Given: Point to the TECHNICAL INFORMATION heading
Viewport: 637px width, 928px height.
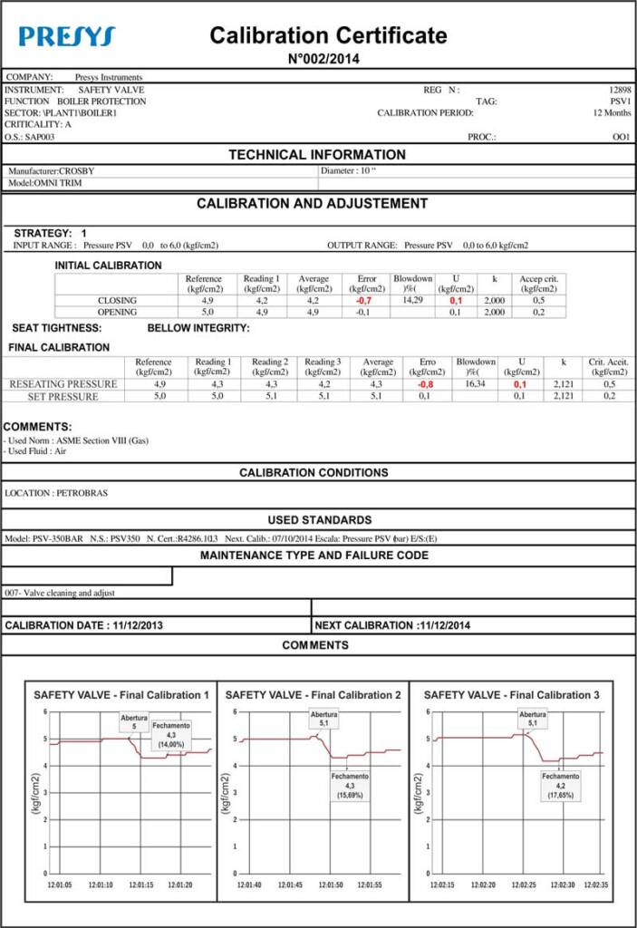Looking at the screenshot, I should (x=317, y=155).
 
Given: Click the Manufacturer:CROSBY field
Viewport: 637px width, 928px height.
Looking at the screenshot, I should (x=52, y=170).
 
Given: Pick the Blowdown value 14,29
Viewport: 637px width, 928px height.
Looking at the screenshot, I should (x=412, y=299).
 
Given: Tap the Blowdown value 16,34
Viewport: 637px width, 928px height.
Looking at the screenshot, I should (x=475, y=384).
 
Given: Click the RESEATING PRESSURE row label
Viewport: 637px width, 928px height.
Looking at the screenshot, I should (x=63, y=384).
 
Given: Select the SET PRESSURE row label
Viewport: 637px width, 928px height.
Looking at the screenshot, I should (x=63, y=396).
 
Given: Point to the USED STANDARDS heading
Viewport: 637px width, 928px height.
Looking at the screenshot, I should (x=319, y=520).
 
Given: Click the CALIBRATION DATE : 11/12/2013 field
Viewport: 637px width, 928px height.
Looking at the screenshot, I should (x=84, y=625).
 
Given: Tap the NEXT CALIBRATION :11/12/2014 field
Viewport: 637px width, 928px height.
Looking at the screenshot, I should (x=392, y=625).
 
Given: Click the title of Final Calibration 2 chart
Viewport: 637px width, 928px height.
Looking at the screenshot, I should (x=313, y=695).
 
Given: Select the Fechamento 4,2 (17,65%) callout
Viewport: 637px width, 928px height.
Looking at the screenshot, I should (x=561, y=786).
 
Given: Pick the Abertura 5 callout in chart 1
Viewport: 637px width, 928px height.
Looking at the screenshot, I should (x=134, y=722).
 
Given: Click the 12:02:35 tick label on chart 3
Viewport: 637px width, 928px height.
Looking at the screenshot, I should (x=595, y=884).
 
